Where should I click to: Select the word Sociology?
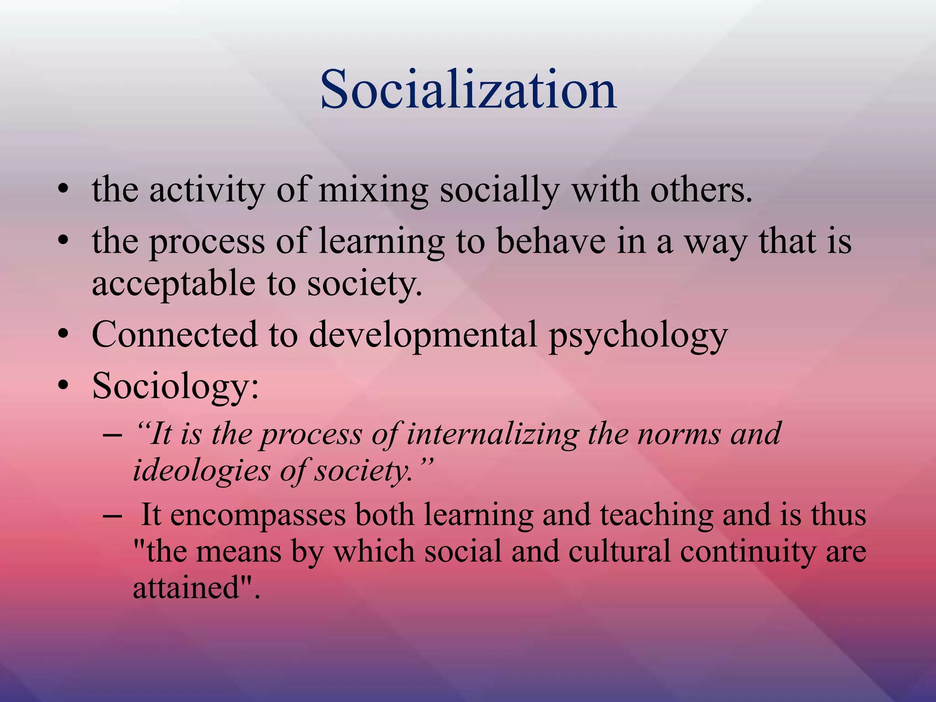[x=175, y=387]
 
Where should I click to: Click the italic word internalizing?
[x=492, y=434]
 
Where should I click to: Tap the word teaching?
[x=656, y=515]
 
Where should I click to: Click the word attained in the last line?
[x=186, y=588]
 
